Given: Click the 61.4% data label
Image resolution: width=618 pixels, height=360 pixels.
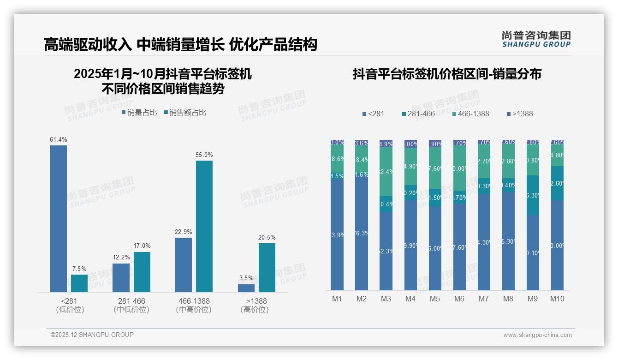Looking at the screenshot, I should pos(59,139).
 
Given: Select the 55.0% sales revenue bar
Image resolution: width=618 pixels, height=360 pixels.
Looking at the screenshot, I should pos(204,226).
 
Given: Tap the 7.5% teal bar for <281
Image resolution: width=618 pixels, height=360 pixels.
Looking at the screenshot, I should pos(79,283).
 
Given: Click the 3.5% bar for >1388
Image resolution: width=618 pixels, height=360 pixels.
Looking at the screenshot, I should pos(246,288).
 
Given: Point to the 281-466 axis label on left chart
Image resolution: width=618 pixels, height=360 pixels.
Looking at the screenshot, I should pos(131,301).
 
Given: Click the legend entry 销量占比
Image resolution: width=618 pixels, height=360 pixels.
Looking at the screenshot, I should pos(139,112).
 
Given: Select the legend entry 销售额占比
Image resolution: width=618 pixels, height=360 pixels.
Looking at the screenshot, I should pos(185,112).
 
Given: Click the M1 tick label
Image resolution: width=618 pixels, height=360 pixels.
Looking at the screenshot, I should pos(337,299).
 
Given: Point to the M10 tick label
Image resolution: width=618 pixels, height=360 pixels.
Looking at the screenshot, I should pos(557,299).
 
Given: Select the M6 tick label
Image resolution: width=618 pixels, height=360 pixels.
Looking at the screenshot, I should pos(459,299).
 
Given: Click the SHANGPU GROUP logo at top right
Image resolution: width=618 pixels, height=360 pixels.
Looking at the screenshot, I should pos(536,39).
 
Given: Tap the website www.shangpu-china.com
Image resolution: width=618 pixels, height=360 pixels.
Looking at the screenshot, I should pos(537,335).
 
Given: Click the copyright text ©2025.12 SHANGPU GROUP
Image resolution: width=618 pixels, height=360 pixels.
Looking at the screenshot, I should pos(92,335).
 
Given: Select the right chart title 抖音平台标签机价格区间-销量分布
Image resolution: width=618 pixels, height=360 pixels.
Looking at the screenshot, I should pos(447,74).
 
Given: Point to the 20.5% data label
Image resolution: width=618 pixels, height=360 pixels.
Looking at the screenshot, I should pos(267,237).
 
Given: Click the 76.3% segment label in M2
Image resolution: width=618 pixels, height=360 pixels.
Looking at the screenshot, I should pos(362,234).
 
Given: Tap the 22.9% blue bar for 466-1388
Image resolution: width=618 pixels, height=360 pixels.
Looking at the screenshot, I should pos(184,264).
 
